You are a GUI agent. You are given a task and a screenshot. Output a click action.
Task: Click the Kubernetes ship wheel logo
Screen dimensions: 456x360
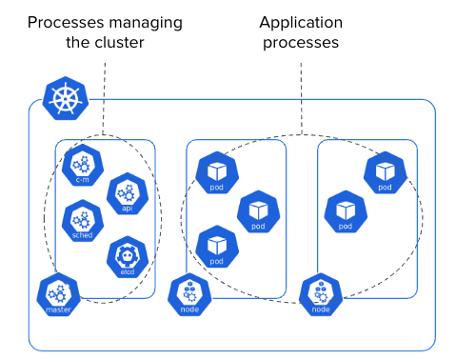coord(66,98)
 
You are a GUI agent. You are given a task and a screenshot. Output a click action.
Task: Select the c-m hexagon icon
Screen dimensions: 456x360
coord(83,165)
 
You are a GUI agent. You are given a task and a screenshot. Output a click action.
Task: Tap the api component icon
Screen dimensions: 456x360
coord(128,193)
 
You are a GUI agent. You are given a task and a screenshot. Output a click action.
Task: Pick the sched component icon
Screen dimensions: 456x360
coord(83,221)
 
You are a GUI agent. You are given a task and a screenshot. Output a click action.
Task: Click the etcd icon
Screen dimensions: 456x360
coord(128,257)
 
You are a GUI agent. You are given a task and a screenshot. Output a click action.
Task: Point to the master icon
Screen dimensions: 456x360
coord(58,294)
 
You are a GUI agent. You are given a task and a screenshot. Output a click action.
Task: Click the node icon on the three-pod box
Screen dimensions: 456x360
coord(189,294)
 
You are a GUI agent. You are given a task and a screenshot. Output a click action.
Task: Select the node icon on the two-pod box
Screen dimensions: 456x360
coord(321,294)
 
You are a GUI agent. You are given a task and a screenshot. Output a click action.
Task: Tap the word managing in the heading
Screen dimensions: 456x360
coord(146,24)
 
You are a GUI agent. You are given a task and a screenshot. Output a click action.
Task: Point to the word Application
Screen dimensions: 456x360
coord(301,23)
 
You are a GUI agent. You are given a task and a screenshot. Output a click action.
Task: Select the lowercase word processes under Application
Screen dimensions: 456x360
coord(301,43)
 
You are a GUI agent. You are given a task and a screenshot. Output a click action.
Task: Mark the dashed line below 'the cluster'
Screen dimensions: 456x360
coord(104,99)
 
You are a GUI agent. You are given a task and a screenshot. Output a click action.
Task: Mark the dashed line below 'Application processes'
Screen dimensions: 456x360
coord(301,99)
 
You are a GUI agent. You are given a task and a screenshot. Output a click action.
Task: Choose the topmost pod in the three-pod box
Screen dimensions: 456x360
coord(217,173)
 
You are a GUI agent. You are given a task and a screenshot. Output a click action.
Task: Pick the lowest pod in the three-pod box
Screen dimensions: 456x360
coord(217,247)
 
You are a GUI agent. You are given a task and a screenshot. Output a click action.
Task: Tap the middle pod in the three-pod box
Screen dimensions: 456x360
coord(259,211)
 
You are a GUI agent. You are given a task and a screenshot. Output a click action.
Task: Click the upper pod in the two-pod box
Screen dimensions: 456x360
coord(386,173)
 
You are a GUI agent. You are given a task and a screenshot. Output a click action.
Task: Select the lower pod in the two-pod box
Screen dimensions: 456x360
coord(346,211)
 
